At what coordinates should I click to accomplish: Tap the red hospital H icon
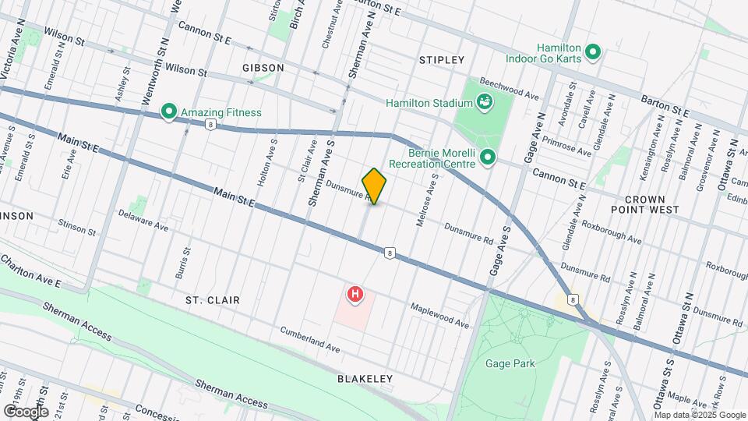[355, 295]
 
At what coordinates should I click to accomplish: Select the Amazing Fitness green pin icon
[168, 112]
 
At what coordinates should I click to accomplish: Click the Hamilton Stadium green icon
[485, 102]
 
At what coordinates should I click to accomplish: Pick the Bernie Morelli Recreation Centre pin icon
[489, 157]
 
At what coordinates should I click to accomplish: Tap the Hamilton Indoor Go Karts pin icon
[592, 53]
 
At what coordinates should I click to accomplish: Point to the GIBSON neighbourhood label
[263, 68]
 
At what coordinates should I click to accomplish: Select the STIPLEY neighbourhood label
[442, 60]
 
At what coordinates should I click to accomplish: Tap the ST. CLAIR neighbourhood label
[212, 299]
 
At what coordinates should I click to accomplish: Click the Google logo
[25, 411]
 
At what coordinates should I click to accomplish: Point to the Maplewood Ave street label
[440, 316]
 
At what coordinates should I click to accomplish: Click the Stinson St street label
[76, 227]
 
